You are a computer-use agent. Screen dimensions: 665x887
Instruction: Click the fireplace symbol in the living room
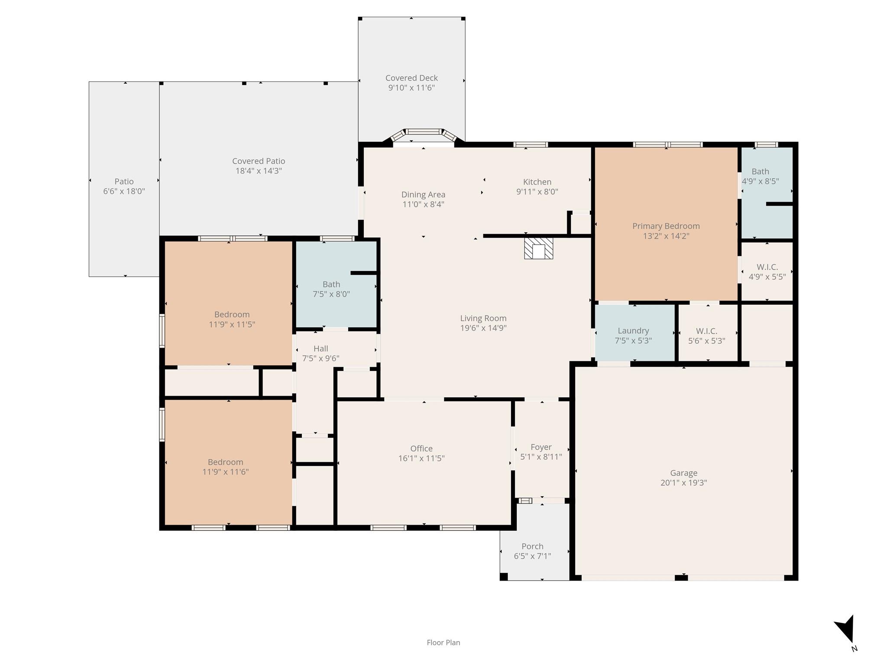[538, 248]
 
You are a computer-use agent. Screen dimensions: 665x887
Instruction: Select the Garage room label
[683, 473]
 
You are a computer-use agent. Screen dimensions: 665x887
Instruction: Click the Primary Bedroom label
[666, 226]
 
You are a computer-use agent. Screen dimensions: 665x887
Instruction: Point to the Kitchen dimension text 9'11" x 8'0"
[537, 191]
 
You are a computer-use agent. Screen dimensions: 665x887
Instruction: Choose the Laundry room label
[633, 331]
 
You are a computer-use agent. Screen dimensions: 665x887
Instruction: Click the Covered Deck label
[411, 78]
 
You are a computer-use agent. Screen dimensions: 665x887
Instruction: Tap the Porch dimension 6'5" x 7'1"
[532, 556]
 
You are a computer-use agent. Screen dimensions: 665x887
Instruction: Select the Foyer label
[541, 447]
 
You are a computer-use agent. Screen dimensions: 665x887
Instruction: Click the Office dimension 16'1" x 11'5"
[421, 458]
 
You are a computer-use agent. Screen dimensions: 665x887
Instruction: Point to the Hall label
[320, 349]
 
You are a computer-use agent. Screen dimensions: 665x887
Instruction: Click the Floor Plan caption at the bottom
[443, 642]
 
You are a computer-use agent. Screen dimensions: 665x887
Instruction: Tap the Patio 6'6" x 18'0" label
[124, 186]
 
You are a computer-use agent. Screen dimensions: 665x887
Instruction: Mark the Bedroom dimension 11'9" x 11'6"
[225, 472]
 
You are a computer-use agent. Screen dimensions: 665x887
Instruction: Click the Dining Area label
[423, 194]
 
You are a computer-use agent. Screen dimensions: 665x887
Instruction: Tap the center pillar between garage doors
[681, 577]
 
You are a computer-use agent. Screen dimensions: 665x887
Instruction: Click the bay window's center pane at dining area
[424, 132]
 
